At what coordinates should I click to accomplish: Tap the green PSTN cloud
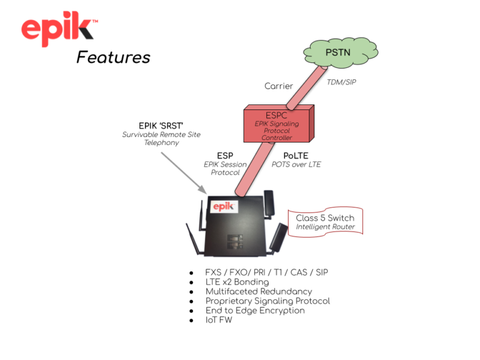click(341, 52)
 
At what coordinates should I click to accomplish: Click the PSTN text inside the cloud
click(338, 52)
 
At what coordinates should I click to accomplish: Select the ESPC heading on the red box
click(276, 115)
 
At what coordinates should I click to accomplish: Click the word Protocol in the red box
click(277, 131)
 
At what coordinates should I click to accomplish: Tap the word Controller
click(277, 137)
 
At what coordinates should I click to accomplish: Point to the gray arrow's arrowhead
click(203, 191)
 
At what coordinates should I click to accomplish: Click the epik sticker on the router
click(224, 206)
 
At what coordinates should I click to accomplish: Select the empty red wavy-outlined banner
click(325, 221)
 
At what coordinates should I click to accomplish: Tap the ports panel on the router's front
click(234, 241)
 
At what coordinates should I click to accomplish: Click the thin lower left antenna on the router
click(192, 238)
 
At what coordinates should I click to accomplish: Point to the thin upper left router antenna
click(202, 216)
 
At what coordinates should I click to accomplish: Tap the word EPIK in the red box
click(262, 124)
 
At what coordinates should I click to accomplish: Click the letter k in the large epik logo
click(84, 27)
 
